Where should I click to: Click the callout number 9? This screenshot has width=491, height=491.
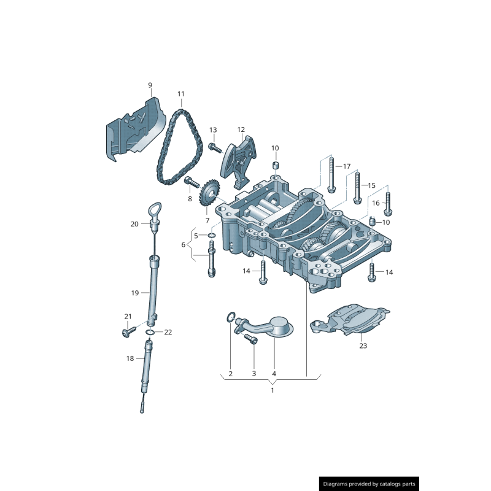149,85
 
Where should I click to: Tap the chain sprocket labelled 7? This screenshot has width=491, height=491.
209,195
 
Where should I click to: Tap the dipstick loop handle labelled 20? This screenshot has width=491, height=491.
155,212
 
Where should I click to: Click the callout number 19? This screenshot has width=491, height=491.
136,293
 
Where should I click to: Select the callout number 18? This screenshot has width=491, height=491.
130,358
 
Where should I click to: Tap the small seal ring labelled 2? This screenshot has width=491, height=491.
230,317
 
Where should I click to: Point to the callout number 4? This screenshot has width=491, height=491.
274,373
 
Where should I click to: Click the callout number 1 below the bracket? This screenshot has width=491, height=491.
273,390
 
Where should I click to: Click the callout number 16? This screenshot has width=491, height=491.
376,203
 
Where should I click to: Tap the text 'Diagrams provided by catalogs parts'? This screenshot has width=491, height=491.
369,484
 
